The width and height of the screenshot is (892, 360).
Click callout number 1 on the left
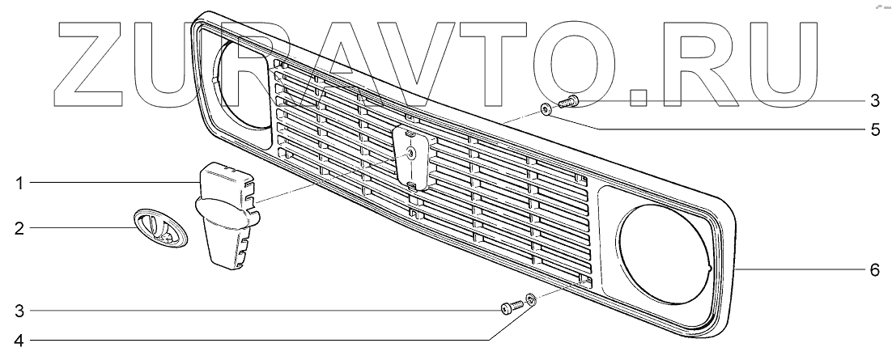click(x=18, y=184)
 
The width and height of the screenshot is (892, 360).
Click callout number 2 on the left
click(x=18, y=228)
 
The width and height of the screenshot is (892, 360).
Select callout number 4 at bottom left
click(x=18, y=341)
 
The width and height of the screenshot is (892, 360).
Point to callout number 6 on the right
click(x=874, y=270)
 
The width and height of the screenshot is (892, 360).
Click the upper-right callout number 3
click(x=874, y=101)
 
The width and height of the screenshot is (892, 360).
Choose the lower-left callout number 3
click(x=18, y=310)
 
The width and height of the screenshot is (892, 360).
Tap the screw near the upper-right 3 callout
click(x=566, y=101)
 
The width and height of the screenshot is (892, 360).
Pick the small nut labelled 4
click(x=529, y=302)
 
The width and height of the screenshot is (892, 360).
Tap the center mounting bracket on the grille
click(x=411, y=157)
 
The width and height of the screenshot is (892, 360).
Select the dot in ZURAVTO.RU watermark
click(x=639, y=96)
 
